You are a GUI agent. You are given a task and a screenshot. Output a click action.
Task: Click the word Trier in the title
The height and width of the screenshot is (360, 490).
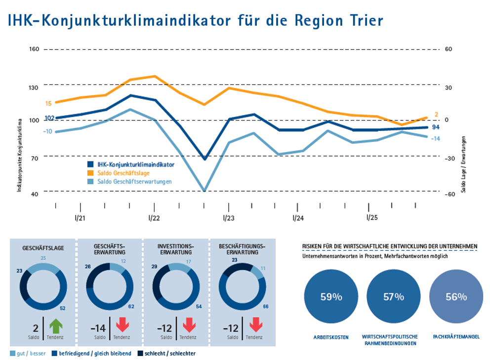(365, 20)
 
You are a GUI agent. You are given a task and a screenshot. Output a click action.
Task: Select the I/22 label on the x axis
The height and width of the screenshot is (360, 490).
(154, 218)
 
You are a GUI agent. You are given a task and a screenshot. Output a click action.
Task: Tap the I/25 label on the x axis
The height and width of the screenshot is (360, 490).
(372, 217)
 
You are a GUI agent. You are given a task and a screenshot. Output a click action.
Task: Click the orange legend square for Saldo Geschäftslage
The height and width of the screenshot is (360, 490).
(90, 173)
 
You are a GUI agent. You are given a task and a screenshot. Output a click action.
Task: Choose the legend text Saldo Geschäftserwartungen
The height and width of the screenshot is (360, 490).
(134, 182)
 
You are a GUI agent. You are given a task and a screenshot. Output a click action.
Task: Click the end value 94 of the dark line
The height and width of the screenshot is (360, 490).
(436, 127)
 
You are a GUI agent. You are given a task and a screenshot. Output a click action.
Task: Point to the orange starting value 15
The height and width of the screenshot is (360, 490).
(48, 104)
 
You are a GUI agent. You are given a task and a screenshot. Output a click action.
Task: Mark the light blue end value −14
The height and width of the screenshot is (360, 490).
(435, 139)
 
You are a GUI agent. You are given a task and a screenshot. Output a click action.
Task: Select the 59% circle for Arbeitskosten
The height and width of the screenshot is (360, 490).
(331, 297)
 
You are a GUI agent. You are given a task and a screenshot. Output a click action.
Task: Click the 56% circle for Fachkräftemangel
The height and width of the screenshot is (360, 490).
(456, 297)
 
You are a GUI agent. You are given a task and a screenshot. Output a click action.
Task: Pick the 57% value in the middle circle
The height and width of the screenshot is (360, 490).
(394, 297)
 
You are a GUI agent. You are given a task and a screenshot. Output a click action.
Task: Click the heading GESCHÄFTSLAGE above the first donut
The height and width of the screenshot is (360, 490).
(43, 248)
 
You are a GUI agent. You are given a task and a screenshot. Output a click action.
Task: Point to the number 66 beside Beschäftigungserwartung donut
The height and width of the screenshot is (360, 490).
(265, 307)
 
